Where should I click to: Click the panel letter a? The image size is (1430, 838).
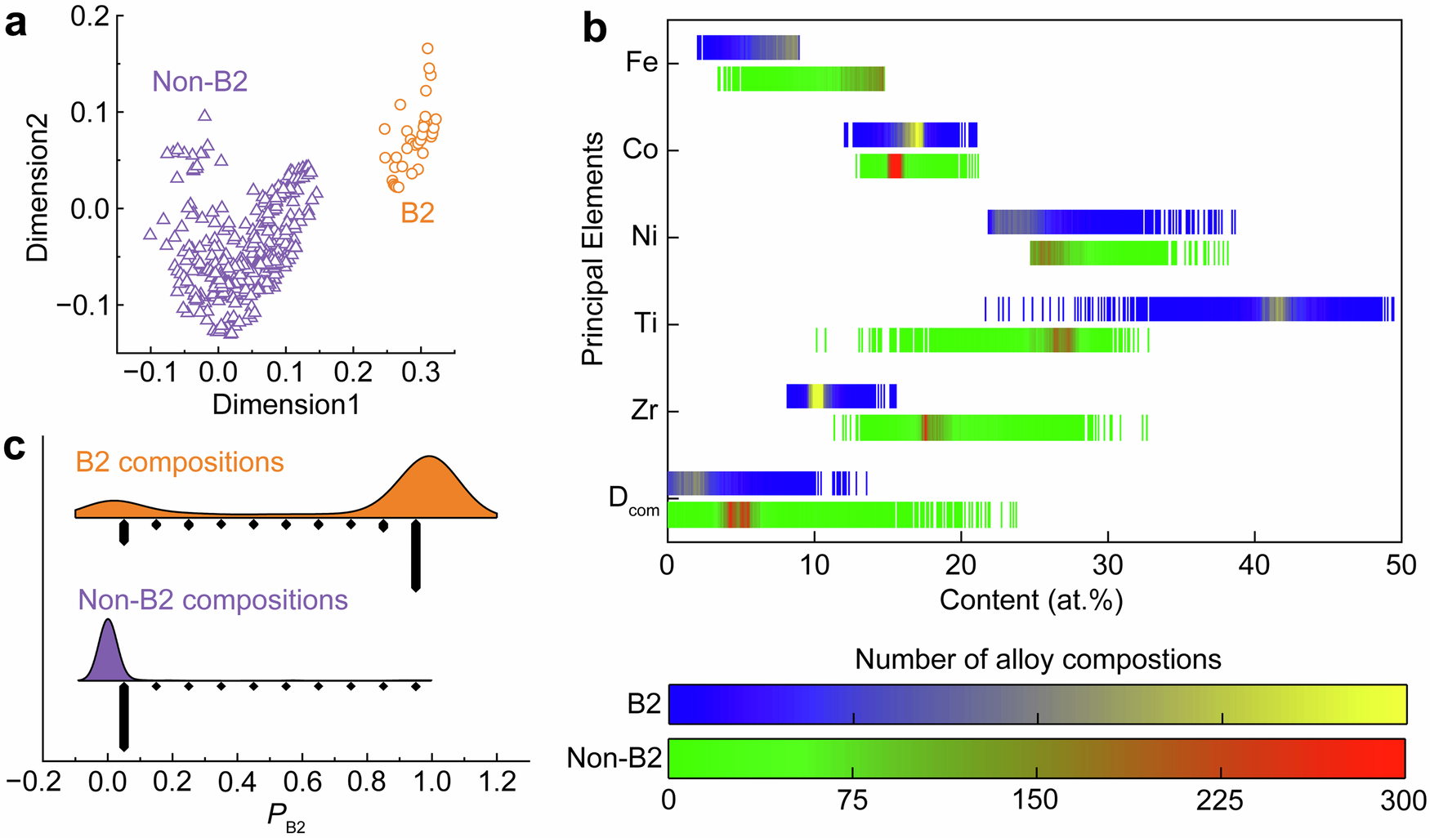click(16, 24)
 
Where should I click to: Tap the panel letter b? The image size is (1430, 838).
click(594, 29)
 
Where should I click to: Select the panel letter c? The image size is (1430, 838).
click(16, 448)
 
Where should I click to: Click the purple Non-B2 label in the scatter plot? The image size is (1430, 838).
click(199, 82)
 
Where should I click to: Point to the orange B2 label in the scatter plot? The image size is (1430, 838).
click(417, 213)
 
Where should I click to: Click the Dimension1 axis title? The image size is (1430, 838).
click(285, 404)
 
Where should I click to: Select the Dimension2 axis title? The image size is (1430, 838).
click(38, 188)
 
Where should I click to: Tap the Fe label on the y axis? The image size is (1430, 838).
click(641, 63)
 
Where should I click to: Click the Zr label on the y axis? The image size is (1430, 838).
click(644, 410)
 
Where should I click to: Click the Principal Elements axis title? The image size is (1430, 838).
click(592, 248)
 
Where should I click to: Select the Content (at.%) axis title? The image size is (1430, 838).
click(1031, 600)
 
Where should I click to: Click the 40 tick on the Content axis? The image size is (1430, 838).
click(1254, 566)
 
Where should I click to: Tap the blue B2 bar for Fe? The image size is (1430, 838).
click(748, 47)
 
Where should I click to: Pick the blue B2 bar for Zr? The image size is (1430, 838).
click(842, 396)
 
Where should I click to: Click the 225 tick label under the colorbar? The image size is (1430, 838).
click(1220, 800)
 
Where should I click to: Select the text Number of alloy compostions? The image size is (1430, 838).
click(1038, 659)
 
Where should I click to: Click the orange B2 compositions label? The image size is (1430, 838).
click(180, 462)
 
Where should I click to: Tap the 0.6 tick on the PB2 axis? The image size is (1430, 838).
click(302, 782)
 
